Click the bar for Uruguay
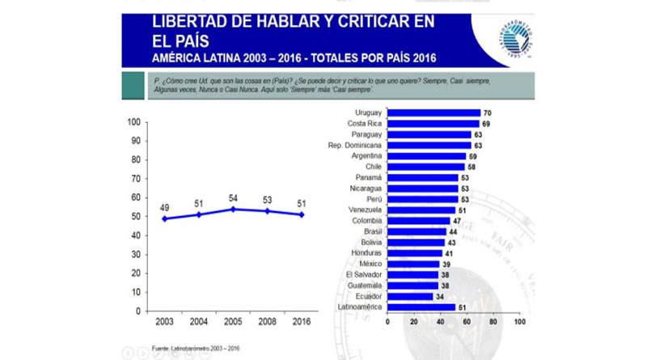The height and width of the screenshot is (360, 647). pos(434,112)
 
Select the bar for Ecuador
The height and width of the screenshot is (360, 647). pos(411,296)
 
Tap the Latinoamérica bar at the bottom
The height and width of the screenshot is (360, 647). pos(421,307)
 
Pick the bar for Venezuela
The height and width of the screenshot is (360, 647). pos(421,210)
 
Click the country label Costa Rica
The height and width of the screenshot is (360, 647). pos(365,123)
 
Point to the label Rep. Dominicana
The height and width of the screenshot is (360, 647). pos(355,145)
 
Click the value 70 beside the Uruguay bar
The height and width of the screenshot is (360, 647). pos(487,112)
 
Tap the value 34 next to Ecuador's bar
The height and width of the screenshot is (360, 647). pos(440,296)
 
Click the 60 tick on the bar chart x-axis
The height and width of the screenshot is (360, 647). pos(467,322)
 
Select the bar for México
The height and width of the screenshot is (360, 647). pos(413,264)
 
